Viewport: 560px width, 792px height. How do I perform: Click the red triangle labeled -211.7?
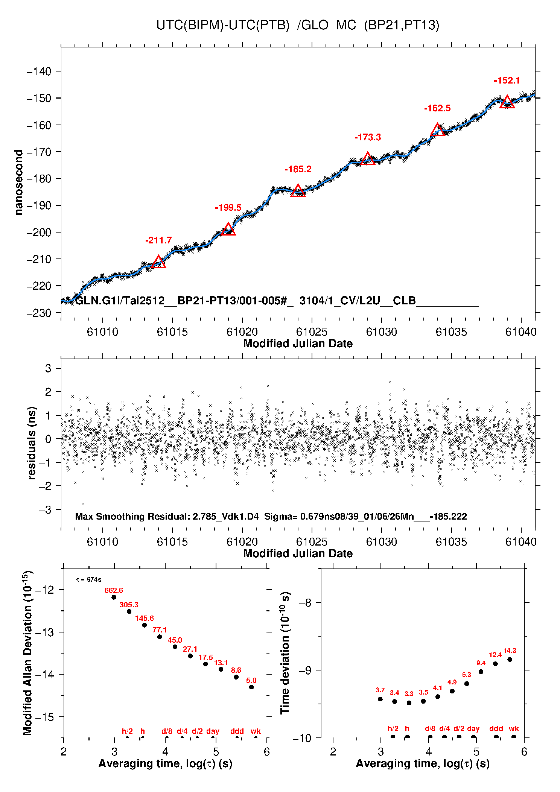pos(158,262)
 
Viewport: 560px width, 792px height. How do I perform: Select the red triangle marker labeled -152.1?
pos(507,102)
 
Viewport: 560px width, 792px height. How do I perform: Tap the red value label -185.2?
pos(298,169)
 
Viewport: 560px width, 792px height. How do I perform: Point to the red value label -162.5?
pos(437,108)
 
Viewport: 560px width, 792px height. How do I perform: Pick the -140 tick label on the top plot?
pos(39,71)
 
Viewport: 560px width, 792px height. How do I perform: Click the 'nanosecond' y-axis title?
pos(19,182)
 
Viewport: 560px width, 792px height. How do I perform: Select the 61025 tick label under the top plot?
pos(312,332)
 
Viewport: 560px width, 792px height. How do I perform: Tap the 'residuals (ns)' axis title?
pos(32,443)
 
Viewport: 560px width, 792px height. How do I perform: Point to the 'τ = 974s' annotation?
pos(89,579)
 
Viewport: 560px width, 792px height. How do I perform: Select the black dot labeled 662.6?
pos(114,597)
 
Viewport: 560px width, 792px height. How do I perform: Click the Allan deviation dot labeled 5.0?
pos(251,687)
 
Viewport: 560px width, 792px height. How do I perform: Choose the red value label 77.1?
pos(160,630)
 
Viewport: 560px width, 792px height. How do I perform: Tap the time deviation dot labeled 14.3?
pos(510,659)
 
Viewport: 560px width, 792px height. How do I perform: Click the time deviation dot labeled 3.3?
pos(409,703)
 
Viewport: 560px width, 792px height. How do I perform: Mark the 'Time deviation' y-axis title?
pos(285,653)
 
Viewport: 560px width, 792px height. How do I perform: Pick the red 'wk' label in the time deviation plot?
pos(514,728)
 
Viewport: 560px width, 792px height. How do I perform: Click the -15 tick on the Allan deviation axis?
pos(44,717)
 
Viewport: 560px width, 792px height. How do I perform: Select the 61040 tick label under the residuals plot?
pos(521,542)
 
